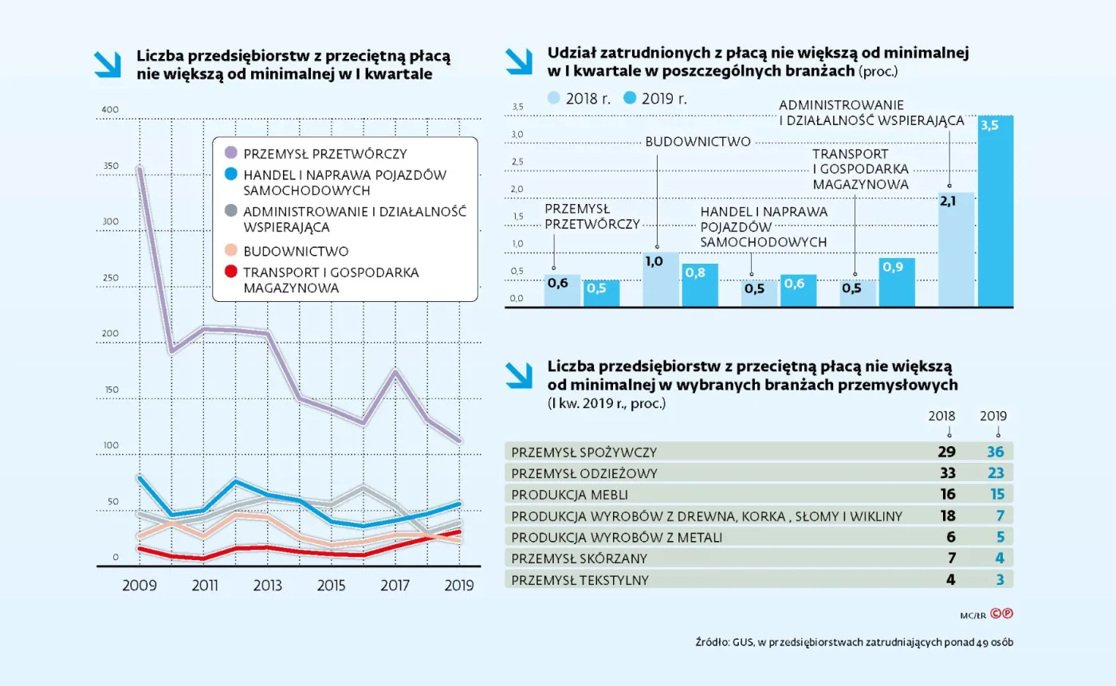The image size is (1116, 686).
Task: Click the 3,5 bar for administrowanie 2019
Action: (996, 211)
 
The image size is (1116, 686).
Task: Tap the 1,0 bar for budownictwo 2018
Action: (660, 280)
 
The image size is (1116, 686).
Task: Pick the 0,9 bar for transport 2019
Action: (897, 283)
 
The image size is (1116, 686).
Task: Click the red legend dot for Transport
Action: (231, 272)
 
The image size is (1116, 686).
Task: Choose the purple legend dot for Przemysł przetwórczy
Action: (231, 152)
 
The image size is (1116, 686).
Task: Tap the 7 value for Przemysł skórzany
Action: (950, 559)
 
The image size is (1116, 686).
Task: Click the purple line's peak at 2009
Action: (140, 168)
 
